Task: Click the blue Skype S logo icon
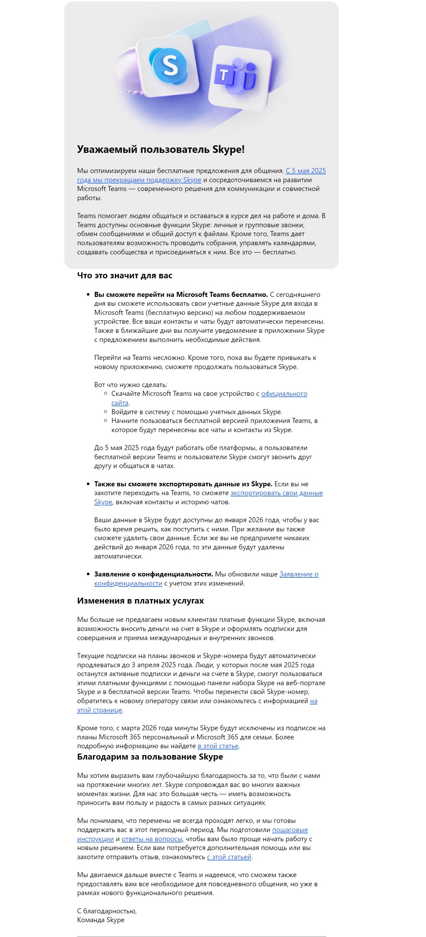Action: (x=169, y=66)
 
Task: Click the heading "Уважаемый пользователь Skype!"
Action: (x=161, y=149)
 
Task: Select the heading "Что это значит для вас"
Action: (x=124, y=275)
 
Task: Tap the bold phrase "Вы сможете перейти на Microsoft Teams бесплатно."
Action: (x=181, y=294)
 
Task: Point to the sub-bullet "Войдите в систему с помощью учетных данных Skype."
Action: (x=196, y=412)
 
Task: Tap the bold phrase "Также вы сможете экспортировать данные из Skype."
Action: (x=183, y=484)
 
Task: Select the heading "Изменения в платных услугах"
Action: (x=140, y=600)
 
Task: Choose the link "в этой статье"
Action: (x=218, y=746)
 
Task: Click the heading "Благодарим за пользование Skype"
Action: (x=150, y=757)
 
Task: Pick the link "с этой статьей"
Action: (x=229, y=857)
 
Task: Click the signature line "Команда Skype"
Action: (x=101, y=920)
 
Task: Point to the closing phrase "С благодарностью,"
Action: (x=106, y=911)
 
